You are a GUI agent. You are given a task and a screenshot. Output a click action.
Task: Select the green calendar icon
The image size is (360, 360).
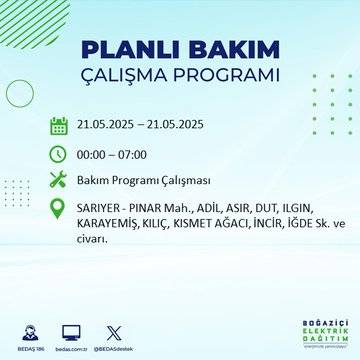(59, 125)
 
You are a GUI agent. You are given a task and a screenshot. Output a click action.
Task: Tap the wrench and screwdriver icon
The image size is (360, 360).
(59, 181)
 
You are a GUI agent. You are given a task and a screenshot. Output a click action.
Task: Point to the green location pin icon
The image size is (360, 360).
(59, 209)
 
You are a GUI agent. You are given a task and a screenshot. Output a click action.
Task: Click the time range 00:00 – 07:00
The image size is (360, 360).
(111, 154)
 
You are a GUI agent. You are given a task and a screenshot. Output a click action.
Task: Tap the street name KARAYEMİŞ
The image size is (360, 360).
(109, 226)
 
